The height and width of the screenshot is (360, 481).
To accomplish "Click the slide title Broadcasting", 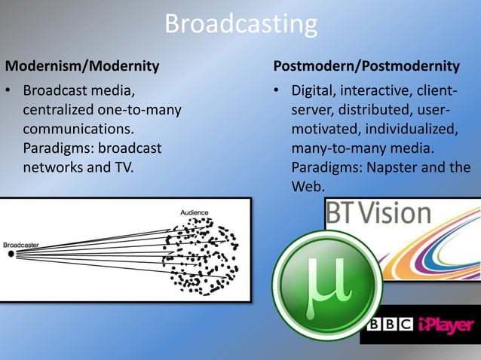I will (x=240, y=25).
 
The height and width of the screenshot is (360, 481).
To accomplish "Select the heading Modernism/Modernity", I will (x=82, y=66).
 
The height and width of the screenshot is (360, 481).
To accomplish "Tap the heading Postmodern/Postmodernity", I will (x=366, y=66).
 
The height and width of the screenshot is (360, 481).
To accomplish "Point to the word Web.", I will (x=307, y=185).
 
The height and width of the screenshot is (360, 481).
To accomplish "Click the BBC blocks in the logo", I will (x=390, y=326).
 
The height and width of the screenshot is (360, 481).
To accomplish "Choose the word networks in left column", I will (x=50, y=166).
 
